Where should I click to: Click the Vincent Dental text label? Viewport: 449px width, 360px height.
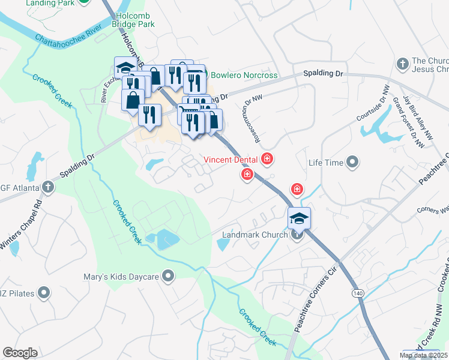(231, 160)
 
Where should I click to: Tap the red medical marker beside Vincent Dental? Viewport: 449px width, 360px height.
(267, 159)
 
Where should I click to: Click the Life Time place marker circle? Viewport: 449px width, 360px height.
(352, 163)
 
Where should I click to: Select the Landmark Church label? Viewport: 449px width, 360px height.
(256, 235)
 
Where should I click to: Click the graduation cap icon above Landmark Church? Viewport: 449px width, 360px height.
(299, 219)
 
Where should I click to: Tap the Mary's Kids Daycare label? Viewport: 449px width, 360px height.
(121, 277)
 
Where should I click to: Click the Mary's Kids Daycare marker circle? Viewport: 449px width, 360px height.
(168, 277)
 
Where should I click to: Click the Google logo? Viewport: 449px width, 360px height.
(20, 353)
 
